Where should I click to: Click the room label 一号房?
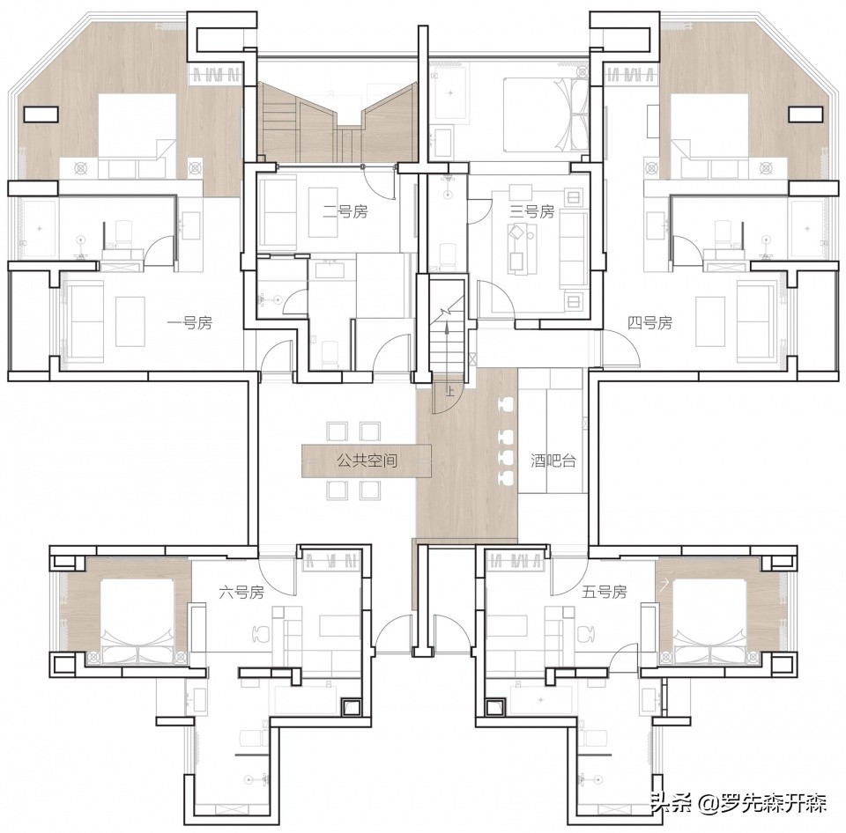click(189, 323)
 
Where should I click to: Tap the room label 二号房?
click(345, 212)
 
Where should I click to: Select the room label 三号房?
click(532, 211)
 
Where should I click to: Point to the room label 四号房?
click(649, 323)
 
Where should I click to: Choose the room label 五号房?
click(605, 593)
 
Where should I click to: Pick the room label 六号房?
click(241, 593)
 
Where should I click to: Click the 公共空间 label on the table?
click(367, 461)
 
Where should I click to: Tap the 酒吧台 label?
click(553, 461)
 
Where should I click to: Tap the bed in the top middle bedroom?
click(545, 114)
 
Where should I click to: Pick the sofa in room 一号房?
click(84, 322)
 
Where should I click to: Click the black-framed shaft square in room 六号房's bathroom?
click(352, 706)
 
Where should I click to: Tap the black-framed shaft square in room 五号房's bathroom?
click(494, 706)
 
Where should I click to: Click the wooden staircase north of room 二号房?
click(338, 122)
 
